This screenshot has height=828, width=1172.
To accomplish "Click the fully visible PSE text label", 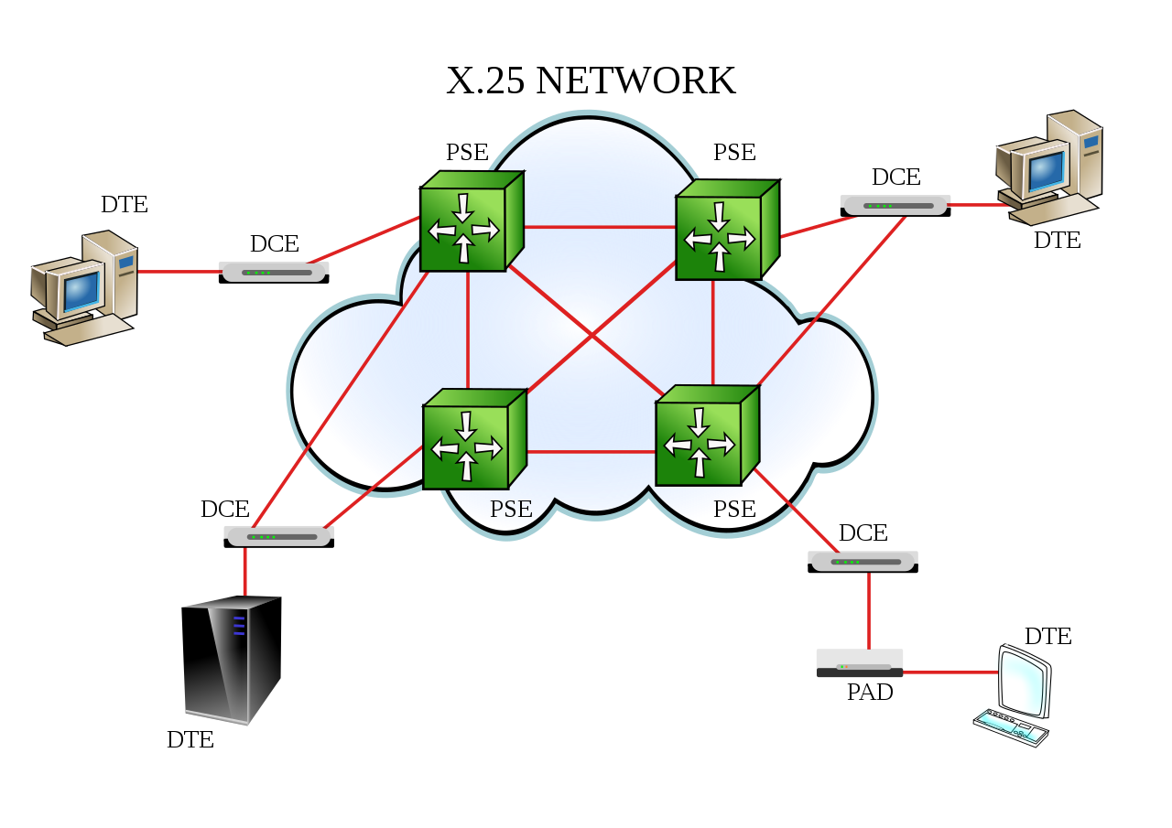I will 511,510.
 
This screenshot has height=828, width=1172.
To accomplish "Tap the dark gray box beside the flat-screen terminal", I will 859,663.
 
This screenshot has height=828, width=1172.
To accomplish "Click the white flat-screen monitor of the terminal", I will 1024,682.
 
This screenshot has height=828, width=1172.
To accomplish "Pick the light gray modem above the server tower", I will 278,537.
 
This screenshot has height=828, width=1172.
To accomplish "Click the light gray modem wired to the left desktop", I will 274,273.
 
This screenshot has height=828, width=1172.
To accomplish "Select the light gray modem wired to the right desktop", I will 895,206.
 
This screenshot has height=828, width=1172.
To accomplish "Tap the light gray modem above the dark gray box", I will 863,562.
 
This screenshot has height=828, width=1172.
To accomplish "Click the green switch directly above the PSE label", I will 472,440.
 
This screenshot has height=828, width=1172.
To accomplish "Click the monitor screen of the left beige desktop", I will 81,290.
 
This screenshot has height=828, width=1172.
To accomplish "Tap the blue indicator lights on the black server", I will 239,626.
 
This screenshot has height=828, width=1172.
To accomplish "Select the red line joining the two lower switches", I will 591,452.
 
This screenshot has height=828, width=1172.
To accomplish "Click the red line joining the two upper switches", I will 600,226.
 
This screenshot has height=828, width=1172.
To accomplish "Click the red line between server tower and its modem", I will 244,572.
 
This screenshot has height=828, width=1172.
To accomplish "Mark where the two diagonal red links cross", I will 591,336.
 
